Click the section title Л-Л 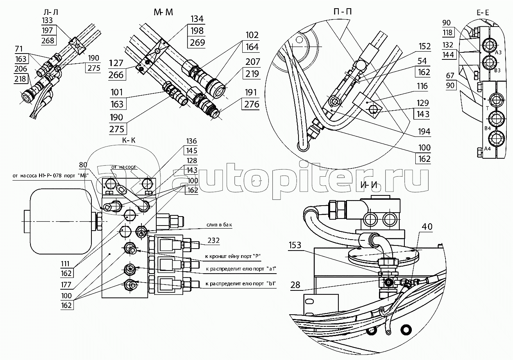(52, 12)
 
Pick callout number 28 (295, 285)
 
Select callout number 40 (427, 226)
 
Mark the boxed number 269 (197, 43)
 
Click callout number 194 (423, 132)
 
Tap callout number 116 (422, 86)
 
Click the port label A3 (498, 52)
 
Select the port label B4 (487, 129)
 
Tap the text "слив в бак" (222, 226)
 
